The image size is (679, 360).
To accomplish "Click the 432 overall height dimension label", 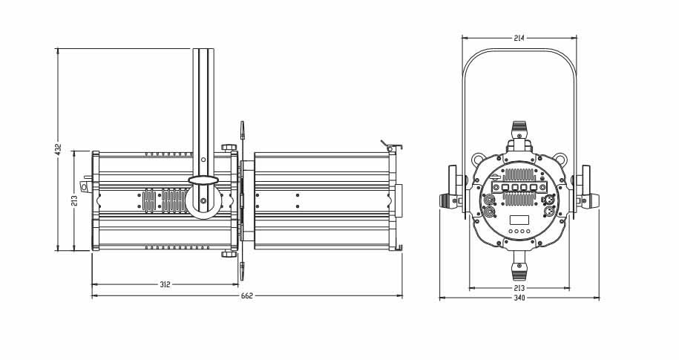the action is (x=59, y=148).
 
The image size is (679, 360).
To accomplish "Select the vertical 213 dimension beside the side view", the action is (x=74, y=200).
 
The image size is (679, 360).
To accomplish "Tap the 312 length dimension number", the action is (x=165, y=284).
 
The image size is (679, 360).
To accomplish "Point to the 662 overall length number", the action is (x=247, y=296).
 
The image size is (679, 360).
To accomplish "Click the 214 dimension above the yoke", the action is (x=519, y=38).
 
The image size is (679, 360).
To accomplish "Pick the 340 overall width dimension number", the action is (x=519, y=298).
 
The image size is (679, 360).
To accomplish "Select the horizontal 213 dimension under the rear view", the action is (x=519, y=288).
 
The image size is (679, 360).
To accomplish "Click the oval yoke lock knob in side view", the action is (x=203, y=180).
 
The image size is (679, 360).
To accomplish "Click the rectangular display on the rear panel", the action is (x=519, y=220).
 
